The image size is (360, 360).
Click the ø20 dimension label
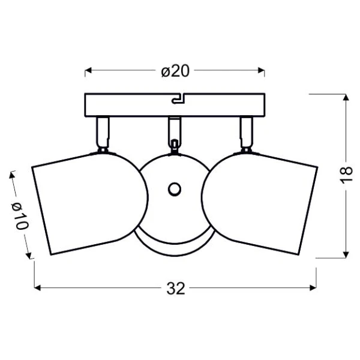pyautogui.click(x=175, y=71)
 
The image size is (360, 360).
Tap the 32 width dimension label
pyautogui.click(x=176, y=289)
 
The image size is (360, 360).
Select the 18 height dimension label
pyautogui.click(x=346, y=175)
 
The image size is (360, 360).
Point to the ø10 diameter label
pyautogui.click(x=20, y=216)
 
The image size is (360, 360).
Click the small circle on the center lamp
pyautogui.click(x=175, y=190)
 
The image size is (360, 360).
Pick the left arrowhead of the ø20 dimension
pyautogui.click(x=88, y=70)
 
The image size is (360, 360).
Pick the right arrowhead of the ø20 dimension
pyautogui.click(x=261, y=70)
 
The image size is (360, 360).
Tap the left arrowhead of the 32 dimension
pyautogui.click(x=37, y=287)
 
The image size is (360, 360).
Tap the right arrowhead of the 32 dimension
pyautogui.click(x=313, y=287)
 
